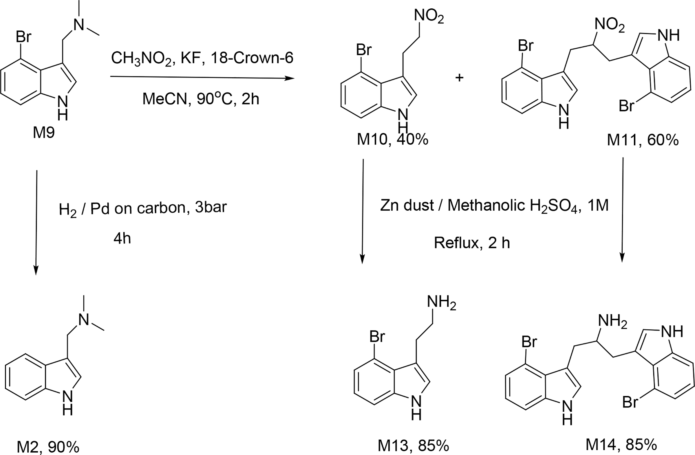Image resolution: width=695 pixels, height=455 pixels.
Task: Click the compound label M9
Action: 43,133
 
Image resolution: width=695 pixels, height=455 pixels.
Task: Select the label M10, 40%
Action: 392,140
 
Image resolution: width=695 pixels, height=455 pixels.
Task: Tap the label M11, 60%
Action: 642,140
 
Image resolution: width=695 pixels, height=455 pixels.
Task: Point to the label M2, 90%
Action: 48,447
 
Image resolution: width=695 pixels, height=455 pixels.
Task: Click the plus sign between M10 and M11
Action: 459,78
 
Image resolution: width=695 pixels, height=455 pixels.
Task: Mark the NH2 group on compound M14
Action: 612,321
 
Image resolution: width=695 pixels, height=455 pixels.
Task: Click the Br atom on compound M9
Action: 23,37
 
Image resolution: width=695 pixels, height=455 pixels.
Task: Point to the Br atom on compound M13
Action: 377,337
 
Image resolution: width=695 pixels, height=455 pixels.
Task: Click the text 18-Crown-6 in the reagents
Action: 252,58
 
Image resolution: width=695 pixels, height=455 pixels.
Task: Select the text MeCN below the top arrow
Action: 164,99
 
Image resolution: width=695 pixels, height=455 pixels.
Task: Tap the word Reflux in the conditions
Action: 456,243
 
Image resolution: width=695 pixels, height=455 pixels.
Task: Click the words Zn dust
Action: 407,205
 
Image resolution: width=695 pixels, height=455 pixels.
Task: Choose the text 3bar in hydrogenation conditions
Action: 211,208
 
